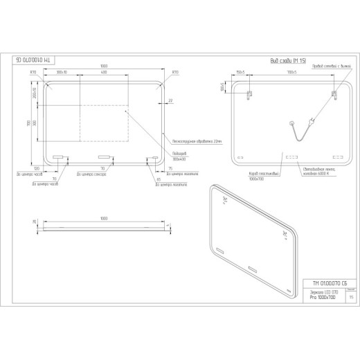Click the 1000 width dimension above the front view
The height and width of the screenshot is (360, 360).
(103, 66)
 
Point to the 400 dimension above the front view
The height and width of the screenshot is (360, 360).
(102, 73)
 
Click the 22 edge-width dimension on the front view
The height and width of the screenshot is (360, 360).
(170, 101)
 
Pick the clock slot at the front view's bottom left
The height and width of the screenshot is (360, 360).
(57, 156)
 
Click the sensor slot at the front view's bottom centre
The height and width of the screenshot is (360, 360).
(104, 156)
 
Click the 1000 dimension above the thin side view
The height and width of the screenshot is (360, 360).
(103, 218)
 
